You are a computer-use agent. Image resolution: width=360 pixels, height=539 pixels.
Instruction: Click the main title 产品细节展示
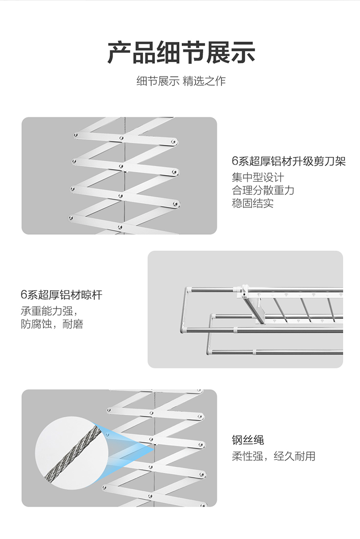click(181, 52)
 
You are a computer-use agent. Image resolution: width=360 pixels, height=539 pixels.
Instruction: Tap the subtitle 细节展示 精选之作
click(181, 82)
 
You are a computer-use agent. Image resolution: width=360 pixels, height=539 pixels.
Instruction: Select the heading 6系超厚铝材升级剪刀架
click(288, 161)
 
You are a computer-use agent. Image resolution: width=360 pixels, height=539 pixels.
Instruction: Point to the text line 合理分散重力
click(263, 190)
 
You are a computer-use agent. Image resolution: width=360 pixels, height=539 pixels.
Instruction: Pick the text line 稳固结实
click(252, 203)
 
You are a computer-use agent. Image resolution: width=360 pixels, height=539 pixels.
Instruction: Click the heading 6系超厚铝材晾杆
click(62, 295)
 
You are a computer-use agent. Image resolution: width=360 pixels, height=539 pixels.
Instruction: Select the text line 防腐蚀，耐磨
click(52, 325)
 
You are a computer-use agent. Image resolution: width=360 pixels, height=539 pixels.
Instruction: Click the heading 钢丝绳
click(247, 440)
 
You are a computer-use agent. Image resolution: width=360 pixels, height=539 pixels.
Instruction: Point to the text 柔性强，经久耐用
click(273, 456)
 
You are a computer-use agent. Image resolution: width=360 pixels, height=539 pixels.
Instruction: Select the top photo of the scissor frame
click(119, 176)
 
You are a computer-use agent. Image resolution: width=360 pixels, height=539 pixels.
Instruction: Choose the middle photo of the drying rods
click(245, 309)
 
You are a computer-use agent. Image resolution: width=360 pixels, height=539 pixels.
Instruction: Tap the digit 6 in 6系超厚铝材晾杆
click(23, 295)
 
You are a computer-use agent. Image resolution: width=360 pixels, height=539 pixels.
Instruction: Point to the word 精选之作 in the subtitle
click(204, 82)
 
